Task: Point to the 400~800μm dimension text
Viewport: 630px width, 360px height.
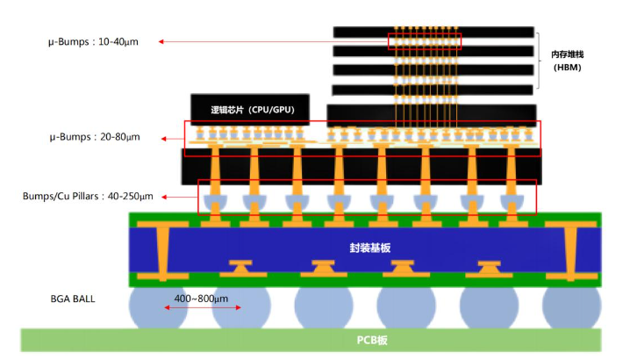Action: pos(201,299)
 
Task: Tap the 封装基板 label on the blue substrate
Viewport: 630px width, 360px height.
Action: pos(369,248)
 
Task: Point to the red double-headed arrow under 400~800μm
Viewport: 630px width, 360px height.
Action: pos(187,310)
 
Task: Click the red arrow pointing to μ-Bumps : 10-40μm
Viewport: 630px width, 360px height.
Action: pos(272,41)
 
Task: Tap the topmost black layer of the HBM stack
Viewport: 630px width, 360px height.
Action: pos(433,32)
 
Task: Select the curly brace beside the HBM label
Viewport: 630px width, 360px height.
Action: pos(541,61)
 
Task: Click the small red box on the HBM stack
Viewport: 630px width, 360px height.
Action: pos(425,41)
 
